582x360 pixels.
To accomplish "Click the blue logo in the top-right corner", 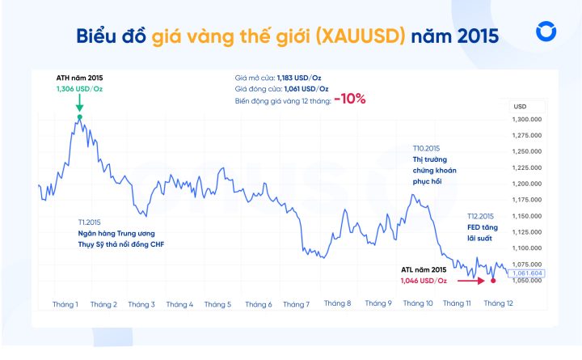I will point(545,32).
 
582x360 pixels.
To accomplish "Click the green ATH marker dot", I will point(79,117).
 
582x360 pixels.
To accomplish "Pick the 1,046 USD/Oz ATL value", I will point(424,280).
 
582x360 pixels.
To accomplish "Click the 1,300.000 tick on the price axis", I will point(527,119).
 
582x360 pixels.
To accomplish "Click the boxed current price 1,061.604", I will point(527,273).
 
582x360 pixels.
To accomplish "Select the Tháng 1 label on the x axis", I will point(65,304).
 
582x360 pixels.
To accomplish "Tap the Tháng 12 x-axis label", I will point(498,303).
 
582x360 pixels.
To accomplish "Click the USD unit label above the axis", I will point(520,106).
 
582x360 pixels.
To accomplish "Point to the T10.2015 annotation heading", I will point(426,149).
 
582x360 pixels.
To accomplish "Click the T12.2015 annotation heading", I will point(480,216).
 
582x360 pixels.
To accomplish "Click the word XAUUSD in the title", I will point(365,36).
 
